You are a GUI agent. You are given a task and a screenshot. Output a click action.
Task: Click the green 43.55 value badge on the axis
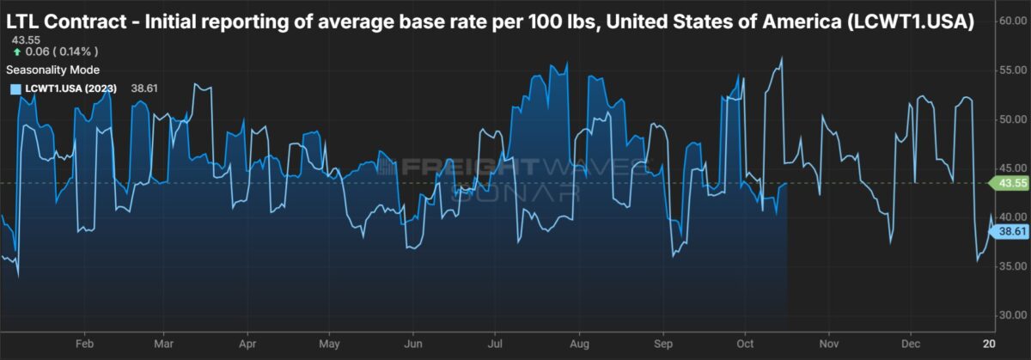click(1009, 183)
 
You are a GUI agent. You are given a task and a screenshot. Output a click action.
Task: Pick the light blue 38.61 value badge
click(1009, 232)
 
